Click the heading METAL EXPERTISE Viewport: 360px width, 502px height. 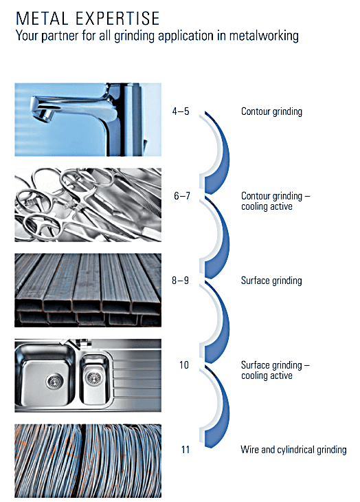pyautogui.click(x=88, y=19)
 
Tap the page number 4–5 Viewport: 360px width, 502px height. pyautogui.click(x=181, y=111)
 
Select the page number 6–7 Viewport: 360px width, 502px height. pyautogui.click(x=182, y=195)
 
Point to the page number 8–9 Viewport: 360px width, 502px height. pyautogui.click(x=180, y=281)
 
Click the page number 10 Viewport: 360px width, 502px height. pyautogui.click(x=184, y=365)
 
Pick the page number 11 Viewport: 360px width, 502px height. pyautogui.click(x=185, y=450)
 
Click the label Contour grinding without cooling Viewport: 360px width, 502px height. pyautogui.click(x=271, y=111)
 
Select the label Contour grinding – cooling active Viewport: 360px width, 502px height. pyautogui.click(x=275, y=201)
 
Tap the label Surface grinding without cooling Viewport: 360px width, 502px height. pyautogui.click(x=271, y=281)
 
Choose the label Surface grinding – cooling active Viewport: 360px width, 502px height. pyautogui.click(x=275, y=370)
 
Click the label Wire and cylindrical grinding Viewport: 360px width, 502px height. pyautogui.click(x=293, y=450)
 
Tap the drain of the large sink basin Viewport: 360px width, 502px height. pyautogui.click(x=55, y=381)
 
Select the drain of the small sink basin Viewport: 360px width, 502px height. pyautogui.click(x=94, y=378)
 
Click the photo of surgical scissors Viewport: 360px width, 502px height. pyautogui.click(x=88, y=205)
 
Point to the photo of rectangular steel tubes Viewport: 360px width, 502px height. pyautogui.click(x=88, y=290)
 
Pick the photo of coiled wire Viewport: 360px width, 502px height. pyautogui.click(x=88, y=461)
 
